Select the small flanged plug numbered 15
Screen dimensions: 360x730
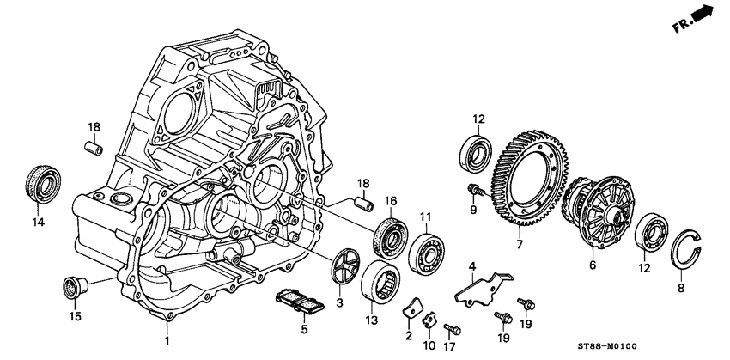pos(73,285)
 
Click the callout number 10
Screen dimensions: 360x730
pos(429,345)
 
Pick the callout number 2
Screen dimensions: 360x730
pos(409,335)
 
